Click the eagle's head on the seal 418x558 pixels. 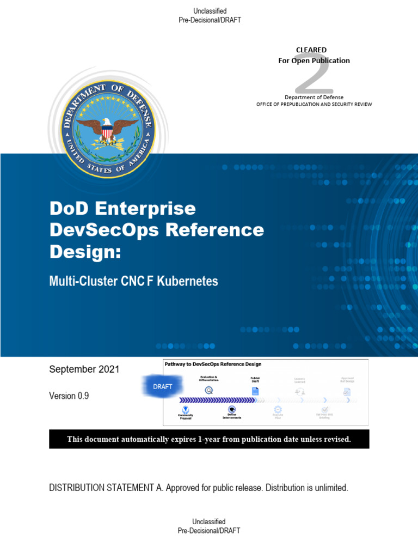[x=107, y=123]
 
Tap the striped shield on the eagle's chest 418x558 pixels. [x=107, y=132]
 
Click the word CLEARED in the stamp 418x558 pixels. [x=311, y=50]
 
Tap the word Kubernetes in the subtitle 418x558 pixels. [x=188, y=281]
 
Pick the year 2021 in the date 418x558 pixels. [x=108, y=369]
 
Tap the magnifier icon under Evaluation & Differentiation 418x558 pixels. [x=208, y=390]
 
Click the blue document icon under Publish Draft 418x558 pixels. [x=255, y=391]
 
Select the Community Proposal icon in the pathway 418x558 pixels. [x=185, y=409]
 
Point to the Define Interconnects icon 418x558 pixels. [x=232, y=410]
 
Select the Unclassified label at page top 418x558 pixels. [x=210, y=11]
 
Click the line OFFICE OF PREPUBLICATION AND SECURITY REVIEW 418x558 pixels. [x=314, y=104]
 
